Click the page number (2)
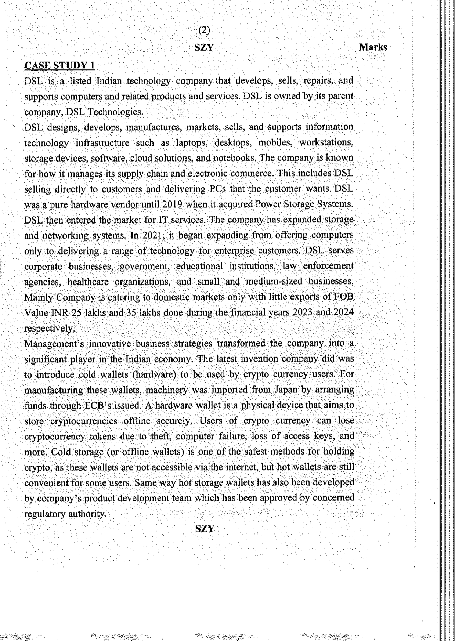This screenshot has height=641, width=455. (204, 30)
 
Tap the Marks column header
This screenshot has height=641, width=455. (373, 47)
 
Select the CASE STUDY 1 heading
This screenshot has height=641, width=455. (59, 65)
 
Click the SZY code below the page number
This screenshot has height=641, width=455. (204, 48)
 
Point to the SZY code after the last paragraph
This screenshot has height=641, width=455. (204, 529)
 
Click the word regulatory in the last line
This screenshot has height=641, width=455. (44, 514)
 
